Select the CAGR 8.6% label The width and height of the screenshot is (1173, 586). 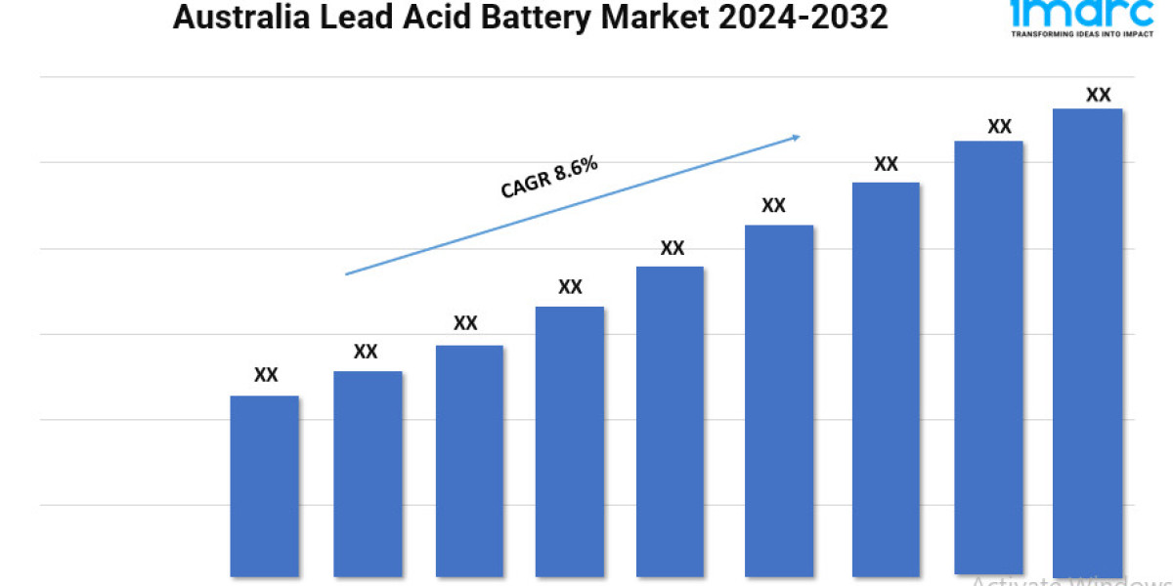pos(548,178)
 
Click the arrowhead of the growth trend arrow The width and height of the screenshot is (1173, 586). pos(795,138)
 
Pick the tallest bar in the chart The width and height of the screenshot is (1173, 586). pos(1087,342)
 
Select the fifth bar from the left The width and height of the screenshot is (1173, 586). pos(670,420)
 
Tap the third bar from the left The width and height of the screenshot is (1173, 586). pos(469,460)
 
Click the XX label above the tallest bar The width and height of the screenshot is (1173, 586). pos(1098,95)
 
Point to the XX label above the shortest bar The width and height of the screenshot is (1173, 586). pos(266,375)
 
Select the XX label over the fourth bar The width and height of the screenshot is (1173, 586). pos(570,287)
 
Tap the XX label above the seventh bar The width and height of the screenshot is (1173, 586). pos(886,164)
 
